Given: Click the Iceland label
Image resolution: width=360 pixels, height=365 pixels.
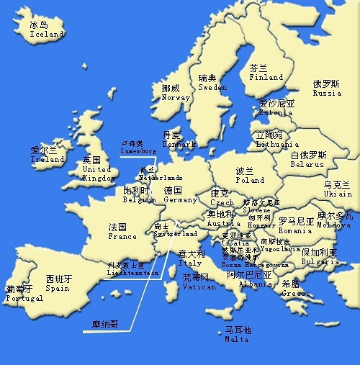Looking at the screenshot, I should coord(46,34).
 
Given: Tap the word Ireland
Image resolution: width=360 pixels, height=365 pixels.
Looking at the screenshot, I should coord(48,159).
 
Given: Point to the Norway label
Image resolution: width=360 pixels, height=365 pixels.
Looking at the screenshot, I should coord(176,97).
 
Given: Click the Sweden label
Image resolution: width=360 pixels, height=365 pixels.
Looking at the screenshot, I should coord(212,87).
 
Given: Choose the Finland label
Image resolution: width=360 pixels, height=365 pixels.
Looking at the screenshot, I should coord(266,77).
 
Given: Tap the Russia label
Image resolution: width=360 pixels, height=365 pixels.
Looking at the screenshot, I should coord(327,93).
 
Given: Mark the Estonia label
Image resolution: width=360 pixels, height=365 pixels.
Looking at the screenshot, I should coord(276,112).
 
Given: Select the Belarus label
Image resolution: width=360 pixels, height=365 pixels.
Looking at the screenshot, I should coord(308,163).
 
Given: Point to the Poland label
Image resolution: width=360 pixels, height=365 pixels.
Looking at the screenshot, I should coord(250,180).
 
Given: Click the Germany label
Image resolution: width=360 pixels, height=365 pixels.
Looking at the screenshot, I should coord(180,199).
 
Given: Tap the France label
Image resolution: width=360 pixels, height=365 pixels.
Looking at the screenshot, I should coord(122,235).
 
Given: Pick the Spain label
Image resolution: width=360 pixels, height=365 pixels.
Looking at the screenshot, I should coord(58,288).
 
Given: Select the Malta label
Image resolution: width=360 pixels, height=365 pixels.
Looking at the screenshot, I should coord(237,339).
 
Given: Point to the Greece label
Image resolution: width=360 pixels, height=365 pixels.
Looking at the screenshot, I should coord(296,293).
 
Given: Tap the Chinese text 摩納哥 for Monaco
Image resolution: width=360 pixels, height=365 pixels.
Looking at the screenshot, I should coord(105,325).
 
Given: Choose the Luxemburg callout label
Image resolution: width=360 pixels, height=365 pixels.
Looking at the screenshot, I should coord(138,151).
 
